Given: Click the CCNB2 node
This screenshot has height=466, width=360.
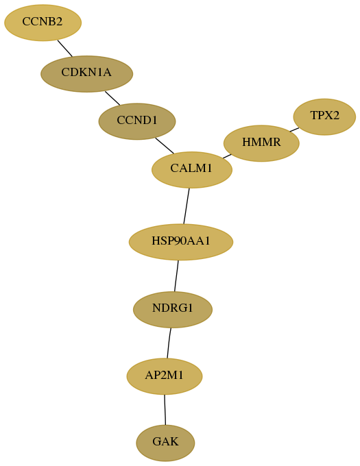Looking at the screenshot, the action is click(43, 23).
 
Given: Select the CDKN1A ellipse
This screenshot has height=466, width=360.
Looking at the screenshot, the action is click(86, 74).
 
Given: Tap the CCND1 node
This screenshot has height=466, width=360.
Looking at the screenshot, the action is click(137, 121).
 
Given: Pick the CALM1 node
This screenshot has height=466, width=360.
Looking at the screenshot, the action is click(192, 170).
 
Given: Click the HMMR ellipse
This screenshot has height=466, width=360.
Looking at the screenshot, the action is click(261, 143).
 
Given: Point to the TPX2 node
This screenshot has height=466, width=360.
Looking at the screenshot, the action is click(324, 116).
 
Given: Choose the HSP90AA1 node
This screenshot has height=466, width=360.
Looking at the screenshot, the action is click(181, 242).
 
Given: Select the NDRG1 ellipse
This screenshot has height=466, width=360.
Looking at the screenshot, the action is click(173, 309).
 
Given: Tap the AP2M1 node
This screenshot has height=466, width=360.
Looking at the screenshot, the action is click(165, 376).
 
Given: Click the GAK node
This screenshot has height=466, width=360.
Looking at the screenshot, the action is click(165, 443).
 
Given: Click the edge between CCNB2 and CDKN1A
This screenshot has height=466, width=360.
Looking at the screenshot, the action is click(65, 48).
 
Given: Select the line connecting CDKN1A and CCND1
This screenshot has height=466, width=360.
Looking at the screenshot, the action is click(112, 98).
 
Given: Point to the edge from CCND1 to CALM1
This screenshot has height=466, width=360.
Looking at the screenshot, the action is click(165, 145).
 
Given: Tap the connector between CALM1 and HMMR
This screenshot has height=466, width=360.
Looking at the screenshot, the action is click(227, 156).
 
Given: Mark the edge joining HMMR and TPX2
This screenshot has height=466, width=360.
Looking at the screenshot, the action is click(294, 130).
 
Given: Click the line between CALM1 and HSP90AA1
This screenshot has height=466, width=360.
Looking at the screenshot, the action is click(187, 206).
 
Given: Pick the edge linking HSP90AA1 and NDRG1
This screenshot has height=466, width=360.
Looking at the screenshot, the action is click(176, 276).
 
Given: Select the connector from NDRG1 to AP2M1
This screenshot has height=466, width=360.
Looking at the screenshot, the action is click(169, 343).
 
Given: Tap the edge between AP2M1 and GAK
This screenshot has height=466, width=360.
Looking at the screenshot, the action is click(165, 410).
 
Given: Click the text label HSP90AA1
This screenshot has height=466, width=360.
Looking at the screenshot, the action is click(181, 241).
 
